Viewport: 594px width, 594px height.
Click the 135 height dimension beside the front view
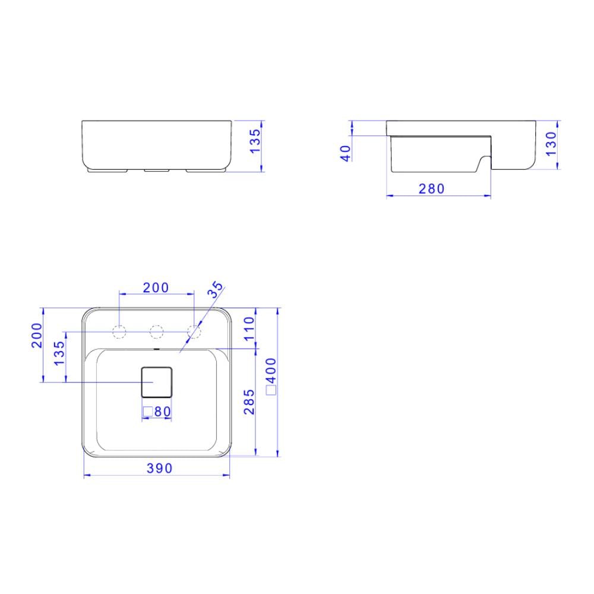point(255,141)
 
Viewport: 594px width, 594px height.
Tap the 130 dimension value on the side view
point(551,144)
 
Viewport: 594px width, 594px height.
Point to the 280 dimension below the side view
point(431,189)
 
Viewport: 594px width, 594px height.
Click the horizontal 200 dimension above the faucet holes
point(156,287)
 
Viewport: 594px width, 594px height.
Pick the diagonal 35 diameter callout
point(215,289)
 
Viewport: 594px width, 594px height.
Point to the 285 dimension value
point(249,402)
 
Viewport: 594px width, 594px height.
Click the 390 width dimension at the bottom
point(159,469)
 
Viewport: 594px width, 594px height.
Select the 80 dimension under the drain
point(162,411)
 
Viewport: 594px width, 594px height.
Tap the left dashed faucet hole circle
point(119,331)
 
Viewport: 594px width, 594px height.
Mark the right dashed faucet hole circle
point(194,331)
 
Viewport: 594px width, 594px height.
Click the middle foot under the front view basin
point(157,170)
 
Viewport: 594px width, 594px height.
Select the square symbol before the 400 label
point(271,390)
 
